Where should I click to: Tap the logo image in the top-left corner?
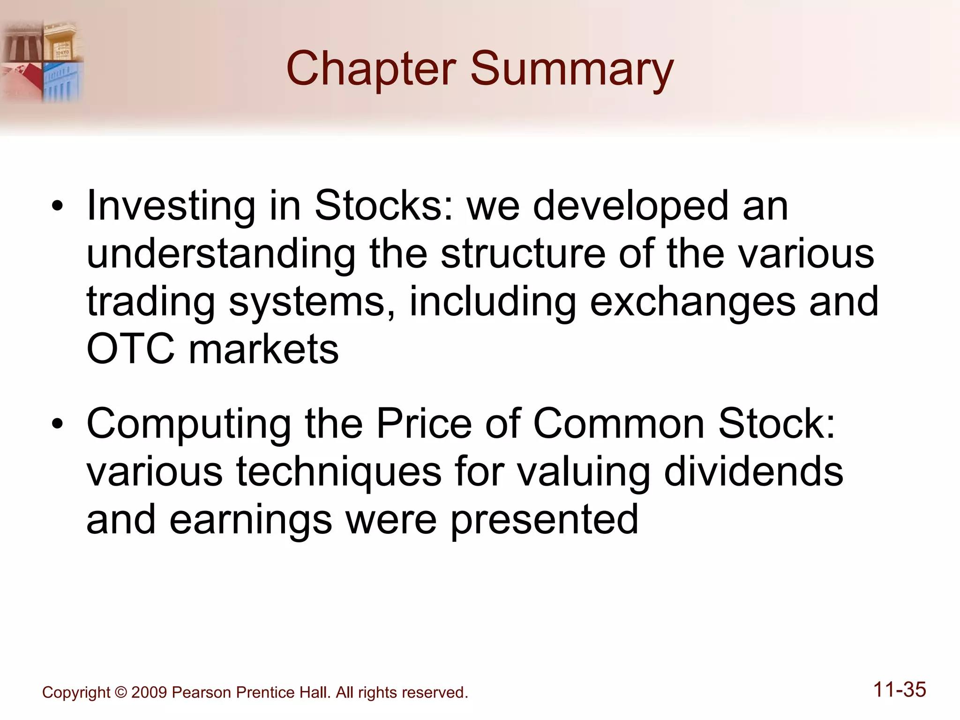tap(42, 61)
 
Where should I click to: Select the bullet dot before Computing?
tap(57, 424)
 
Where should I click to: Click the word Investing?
tap(171, 206)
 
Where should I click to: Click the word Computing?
tap(188, 424)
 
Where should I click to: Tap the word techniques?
tap(338, 472)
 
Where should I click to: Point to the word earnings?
tap(250, 520)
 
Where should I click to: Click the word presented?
tap(544, 520)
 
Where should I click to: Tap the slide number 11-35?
tap(900, 690)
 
